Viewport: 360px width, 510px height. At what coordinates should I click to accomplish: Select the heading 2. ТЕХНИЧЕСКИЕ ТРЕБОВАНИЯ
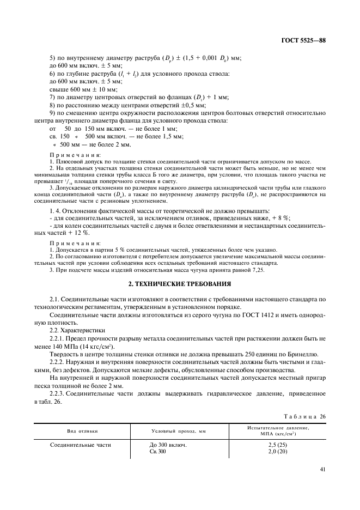(180, 284)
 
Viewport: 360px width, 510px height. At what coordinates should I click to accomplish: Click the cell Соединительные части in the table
(81, 445)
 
